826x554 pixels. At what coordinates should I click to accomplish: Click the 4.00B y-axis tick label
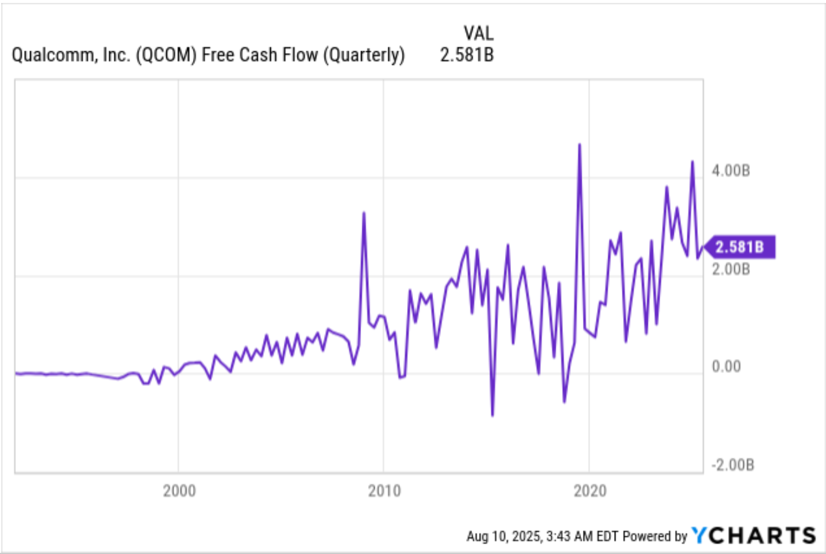(x=730, y=171)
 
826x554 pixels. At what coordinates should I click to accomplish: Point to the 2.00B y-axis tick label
(x=730, y=269)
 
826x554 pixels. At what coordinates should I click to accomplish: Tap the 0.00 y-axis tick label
(x=726, y=367)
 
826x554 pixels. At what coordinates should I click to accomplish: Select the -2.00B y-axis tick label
(x=732, y=465)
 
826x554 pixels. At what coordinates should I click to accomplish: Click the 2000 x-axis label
(x=179, y=491)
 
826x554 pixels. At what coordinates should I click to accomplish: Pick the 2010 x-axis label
(x=384, y=491)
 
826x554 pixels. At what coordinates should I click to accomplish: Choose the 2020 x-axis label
(x=589, y=491)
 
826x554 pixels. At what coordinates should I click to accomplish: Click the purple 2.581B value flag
(x=740, y=247)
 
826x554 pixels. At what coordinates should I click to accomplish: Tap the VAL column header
(x=478, y=33)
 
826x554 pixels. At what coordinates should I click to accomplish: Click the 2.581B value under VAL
(x=467, y=55)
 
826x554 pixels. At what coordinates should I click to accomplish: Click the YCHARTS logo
(x=753, y=535)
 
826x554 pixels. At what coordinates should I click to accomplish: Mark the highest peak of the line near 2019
(x=579, y=144)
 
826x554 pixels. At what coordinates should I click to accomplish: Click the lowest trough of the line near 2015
(x=492, y=415)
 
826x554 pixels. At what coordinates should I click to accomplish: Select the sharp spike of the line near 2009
(x=363, y=213)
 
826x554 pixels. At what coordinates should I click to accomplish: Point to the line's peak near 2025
(x=692, y=161)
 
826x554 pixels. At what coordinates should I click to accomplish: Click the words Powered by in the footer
(x=655, y=536)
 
